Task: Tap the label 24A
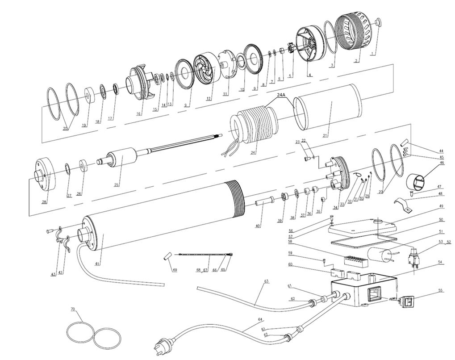click(x=280, y=95)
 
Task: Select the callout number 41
click(x=97, y=264)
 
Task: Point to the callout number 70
click(x=73, y=309)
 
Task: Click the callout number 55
click(x=440, y=290)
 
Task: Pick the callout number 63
click(x=267, y=281)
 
